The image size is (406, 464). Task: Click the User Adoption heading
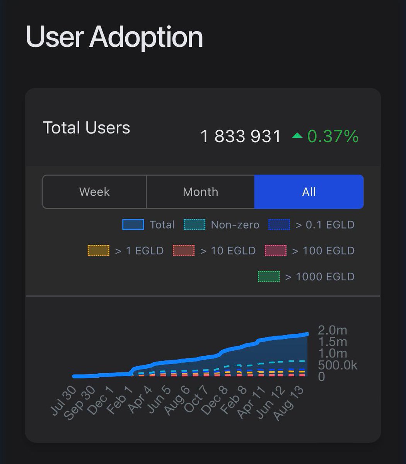point(114,37)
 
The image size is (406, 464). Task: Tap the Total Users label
point(86,128)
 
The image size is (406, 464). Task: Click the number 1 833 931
point(241,136)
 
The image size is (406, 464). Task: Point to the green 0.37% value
point(333,136)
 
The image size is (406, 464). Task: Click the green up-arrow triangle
point(297,135)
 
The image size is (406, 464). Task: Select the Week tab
point(94,192)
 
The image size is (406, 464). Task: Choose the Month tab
point(200,192)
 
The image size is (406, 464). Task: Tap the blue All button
point(309,192)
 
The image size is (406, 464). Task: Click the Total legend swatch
point(133,225)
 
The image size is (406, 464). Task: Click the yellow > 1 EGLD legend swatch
point(99,251)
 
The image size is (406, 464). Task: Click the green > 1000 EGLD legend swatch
point(269,276)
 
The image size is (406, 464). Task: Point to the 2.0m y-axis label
point(332,330)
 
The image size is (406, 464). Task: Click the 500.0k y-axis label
point(337,365)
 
